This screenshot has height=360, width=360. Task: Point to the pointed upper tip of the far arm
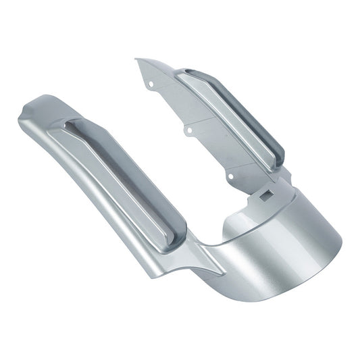click(x=137, y=59)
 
